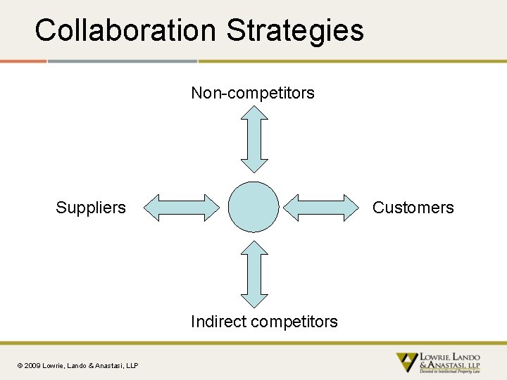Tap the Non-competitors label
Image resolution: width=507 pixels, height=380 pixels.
(253, 93)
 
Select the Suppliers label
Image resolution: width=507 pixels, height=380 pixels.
(91, 208)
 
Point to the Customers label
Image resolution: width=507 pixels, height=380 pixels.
(413, 208)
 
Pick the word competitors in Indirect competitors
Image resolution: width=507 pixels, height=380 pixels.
(294, 322)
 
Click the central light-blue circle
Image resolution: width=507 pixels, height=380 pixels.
(254, 207)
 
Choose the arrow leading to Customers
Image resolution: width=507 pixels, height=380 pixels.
(321, 208)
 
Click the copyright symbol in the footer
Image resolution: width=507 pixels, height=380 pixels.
(20, 366)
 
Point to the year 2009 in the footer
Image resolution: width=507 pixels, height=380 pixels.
(32, 366)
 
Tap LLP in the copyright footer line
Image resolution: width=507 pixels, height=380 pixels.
(131, 366)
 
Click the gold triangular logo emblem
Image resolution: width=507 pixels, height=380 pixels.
(406, 361)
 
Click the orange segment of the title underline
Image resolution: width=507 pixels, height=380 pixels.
(23, 61)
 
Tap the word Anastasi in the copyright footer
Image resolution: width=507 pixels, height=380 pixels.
(105, 366)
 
